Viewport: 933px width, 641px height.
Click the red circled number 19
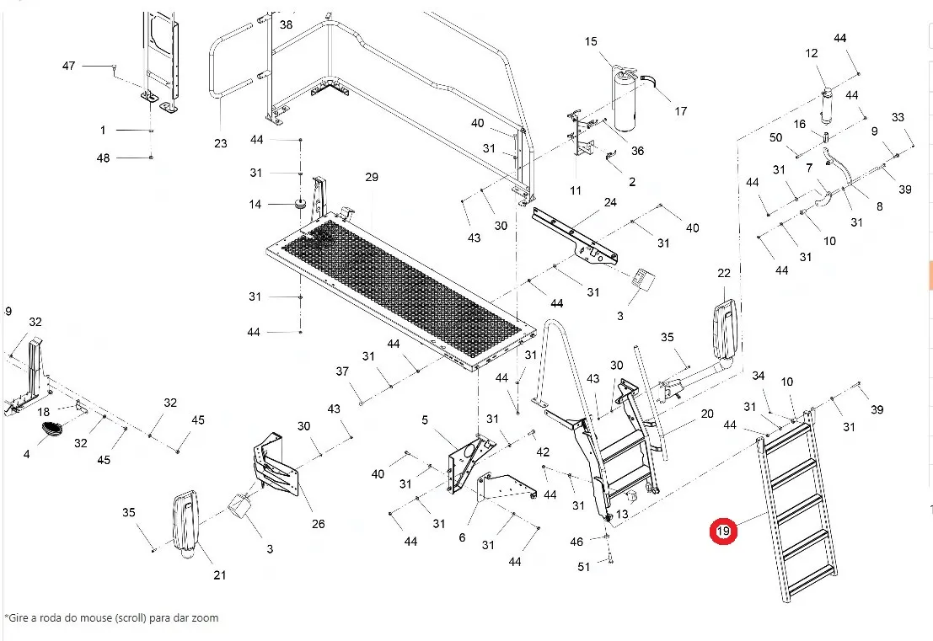pyautogui.click(x=722, y=531)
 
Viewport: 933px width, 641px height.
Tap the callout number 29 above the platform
pyautogui.click(x=372, y=177)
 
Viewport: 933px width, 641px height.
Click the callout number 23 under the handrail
pyautogui.click(x=221, y=144)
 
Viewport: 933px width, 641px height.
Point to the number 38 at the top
pyautogui.click(x=287, y=25)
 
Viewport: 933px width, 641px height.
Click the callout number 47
pyautogui.click(x=69, y=66)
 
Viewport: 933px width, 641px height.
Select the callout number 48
pyautogui.click(x=103, y=158)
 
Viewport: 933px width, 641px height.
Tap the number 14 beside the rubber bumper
pyautogui.click(x=255, y=205)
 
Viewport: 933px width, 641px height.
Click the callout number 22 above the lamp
pyautogui.click(x=724, y=273)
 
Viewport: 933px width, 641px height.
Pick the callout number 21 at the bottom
pyautogui.click(x=220, y=575)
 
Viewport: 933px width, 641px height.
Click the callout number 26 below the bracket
pyautogui.click(x=318, y=525)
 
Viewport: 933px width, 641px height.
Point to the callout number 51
pyautogui.click(x=584, y=567)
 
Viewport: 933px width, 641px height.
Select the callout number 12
pyautogui.click(x=812, y=54)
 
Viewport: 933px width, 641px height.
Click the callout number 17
pyautogui.click(x=681, y=111)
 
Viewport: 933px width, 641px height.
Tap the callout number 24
pyautogui.click(x=610, y=202)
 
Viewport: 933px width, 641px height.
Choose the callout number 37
pyautogui.click(x=341, y=372)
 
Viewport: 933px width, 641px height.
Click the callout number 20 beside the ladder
pyautogui.click(x=706, y=414)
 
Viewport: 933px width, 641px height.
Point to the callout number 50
pyautogui.click(x=776, y=137)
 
